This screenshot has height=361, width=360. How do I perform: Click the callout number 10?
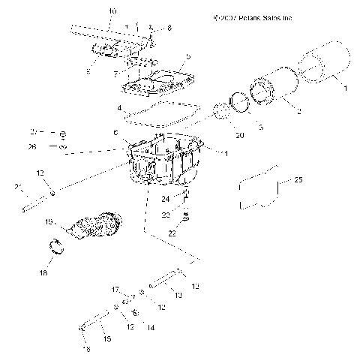[112, 11]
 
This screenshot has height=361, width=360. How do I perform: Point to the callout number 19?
[48, 222]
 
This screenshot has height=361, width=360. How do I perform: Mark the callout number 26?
[32, 147]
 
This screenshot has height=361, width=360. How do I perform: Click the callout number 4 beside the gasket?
[119, 109]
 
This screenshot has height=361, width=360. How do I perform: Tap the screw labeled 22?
[186, 218]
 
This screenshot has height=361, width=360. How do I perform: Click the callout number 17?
[116, 289]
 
